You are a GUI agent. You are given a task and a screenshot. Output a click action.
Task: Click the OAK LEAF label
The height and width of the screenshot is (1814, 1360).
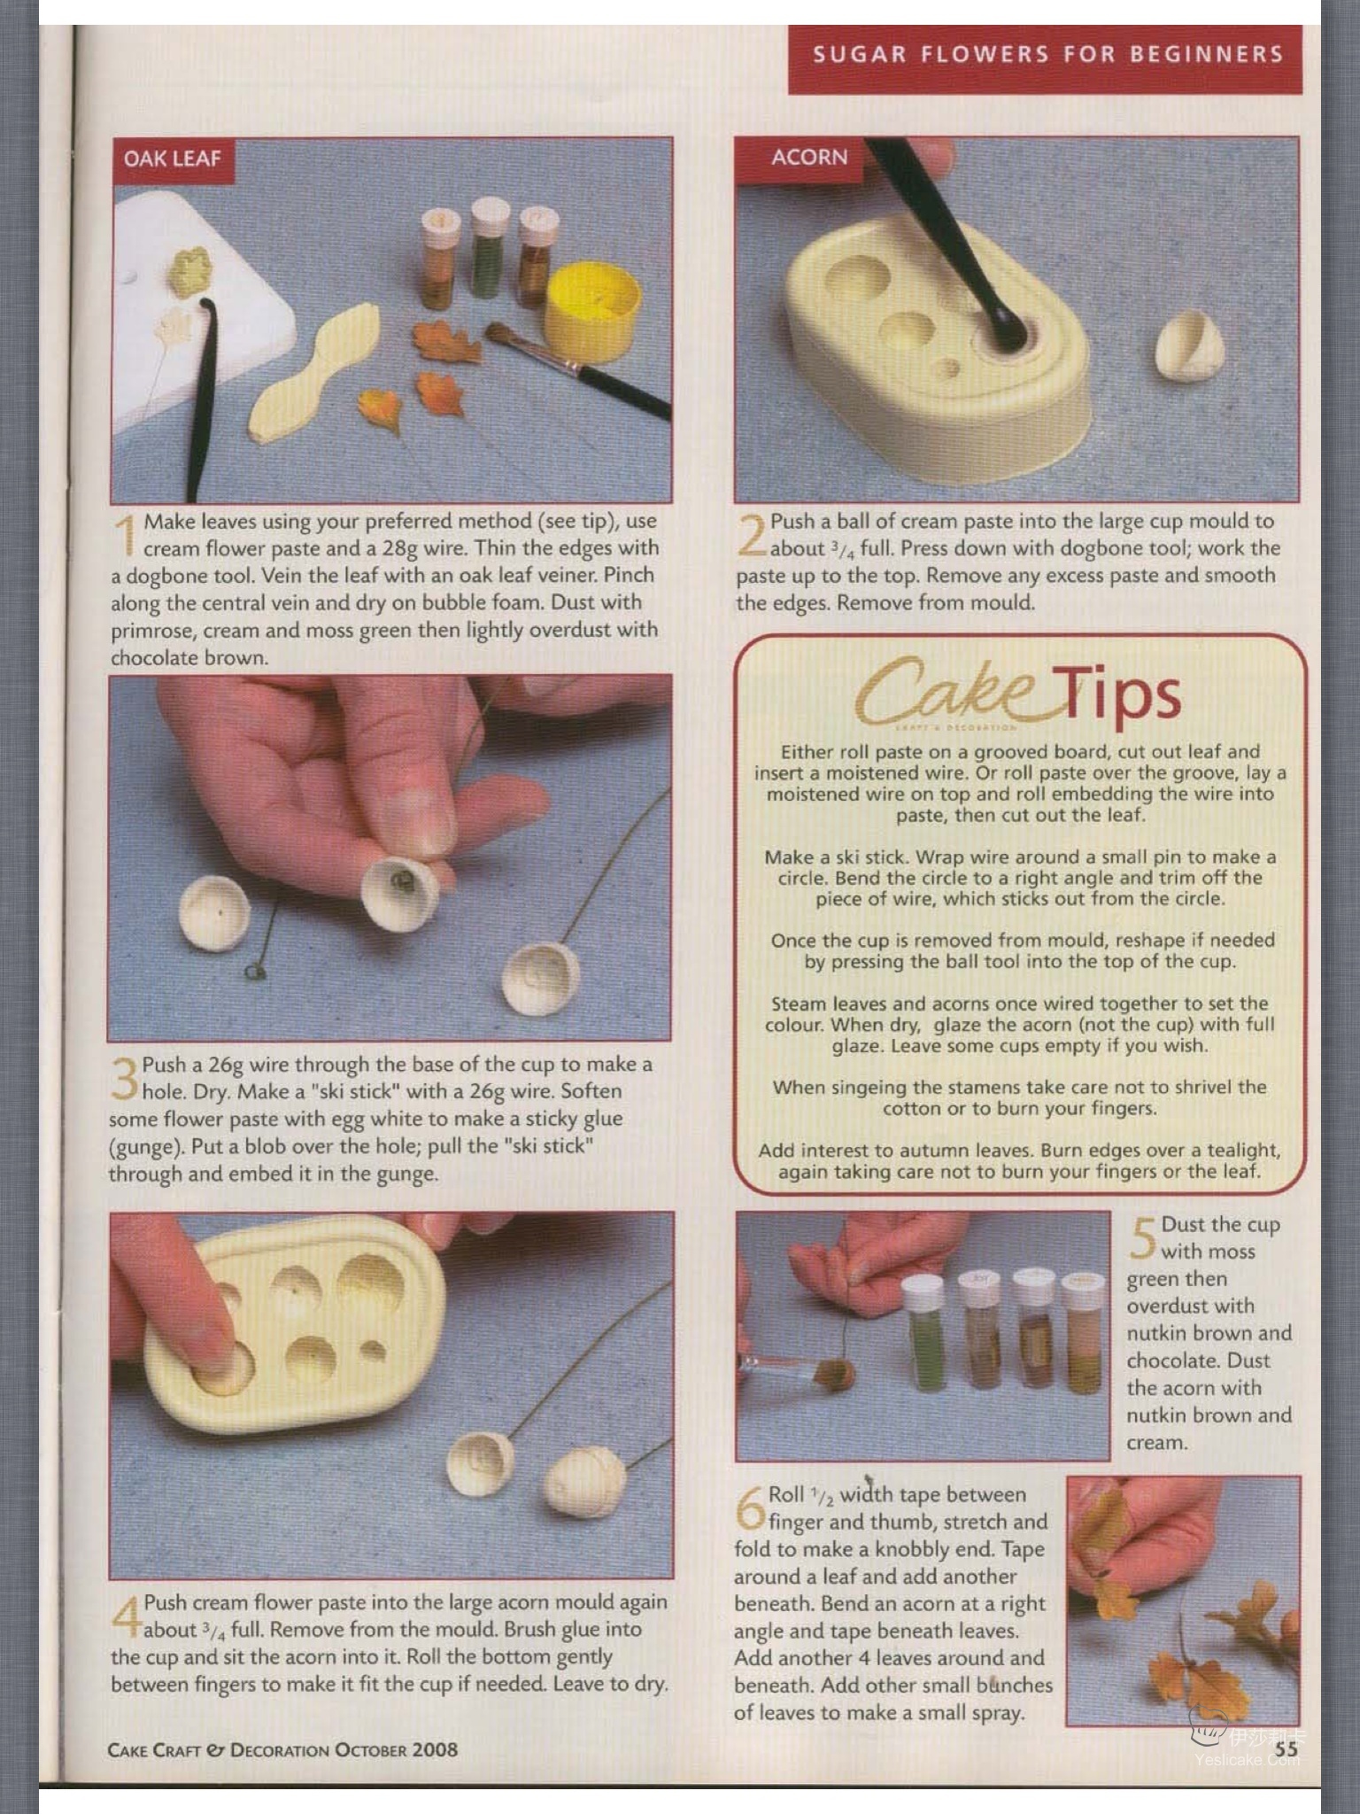tap(172, 159)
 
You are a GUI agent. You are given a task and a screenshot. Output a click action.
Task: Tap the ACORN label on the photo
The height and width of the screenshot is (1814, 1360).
tap(809, 157)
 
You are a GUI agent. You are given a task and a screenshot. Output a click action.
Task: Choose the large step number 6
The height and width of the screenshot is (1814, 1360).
tap(750, 1507)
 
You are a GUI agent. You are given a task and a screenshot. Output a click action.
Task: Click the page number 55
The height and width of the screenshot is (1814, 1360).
tap(1286, 1748)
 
